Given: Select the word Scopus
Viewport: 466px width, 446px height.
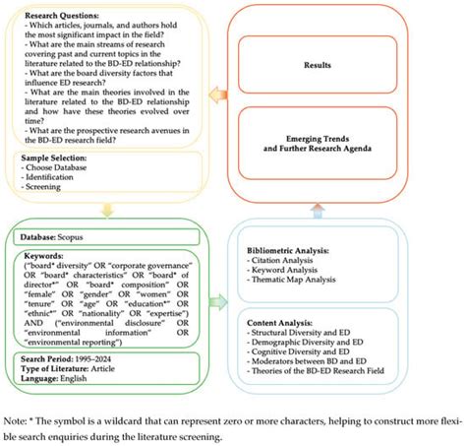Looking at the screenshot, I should point(82,238).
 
